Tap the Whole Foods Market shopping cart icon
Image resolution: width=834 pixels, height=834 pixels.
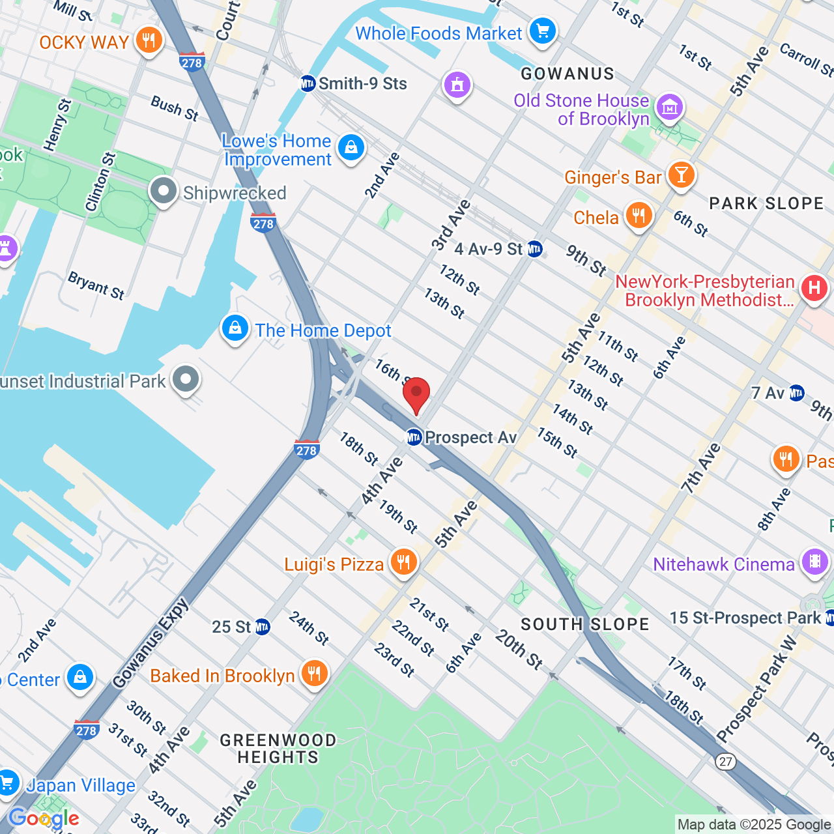pos(542,31)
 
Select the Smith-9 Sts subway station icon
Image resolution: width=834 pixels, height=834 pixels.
pos(308,83)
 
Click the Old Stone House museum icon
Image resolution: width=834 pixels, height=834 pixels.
pos(669,108)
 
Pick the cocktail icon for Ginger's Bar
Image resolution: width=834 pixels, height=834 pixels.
pos(681,175)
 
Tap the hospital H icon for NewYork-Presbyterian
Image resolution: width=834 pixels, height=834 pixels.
pos(814,288)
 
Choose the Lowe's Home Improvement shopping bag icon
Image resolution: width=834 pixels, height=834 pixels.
pos(351,148)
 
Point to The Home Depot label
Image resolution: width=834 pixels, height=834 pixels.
pos(323,331)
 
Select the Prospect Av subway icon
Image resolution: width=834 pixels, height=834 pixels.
pos(414,437)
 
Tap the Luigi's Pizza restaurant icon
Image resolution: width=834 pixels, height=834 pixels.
pos(403,562)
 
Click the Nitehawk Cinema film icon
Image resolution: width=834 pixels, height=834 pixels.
pos(814,562)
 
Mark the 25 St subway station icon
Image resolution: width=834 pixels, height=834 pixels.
pos(262,627)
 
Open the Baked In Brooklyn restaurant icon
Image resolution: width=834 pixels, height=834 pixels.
pos(314,674)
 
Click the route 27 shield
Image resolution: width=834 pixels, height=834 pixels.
pos(725,762)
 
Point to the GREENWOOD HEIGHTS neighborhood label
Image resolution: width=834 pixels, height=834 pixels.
pos(278,749)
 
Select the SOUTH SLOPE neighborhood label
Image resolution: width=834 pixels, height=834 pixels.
pos(584,624)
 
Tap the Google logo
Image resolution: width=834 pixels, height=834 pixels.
pos(44,818)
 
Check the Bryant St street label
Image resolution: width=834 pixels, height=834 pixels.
pos(96,285)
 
